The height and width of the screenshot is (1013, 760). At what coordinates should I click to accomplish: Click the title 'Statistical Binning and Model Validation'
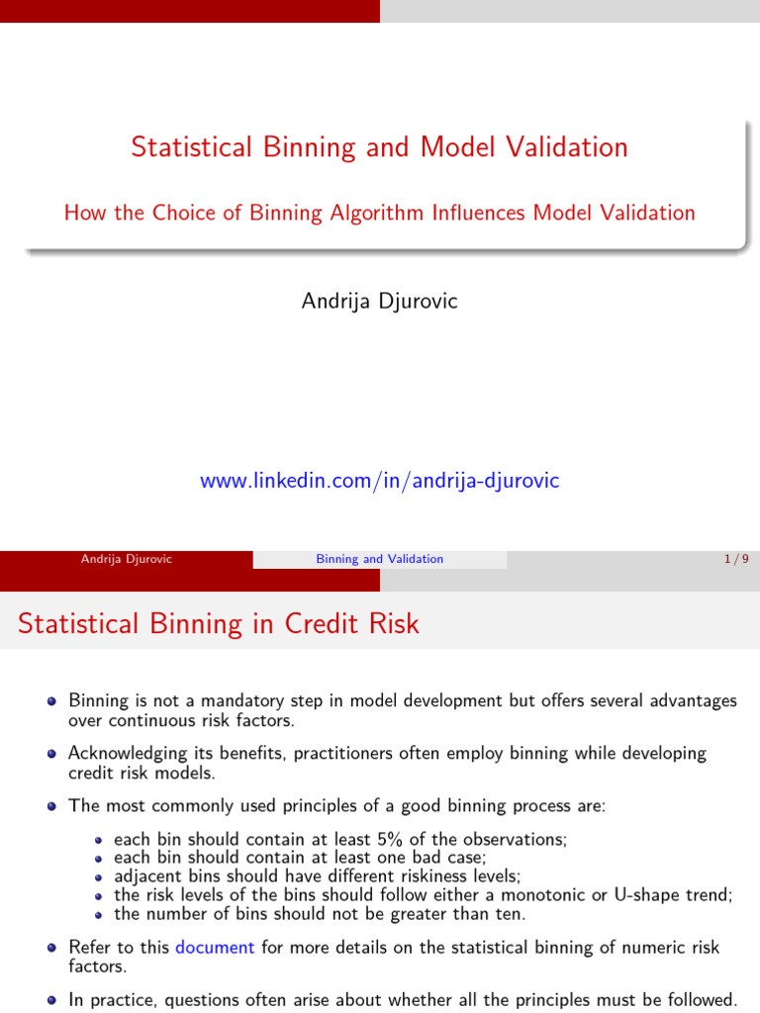[x=379, y=147]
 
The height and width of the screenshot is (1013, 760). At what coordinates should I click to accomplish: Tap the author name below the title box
[x=379, y=301]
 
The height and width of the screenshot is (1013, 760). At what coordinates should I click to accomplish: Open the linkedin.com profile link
[x=379, y=481]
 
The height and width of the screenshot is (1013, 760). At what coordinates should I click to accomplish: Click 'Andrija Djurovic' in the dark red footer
[x=127, y=559]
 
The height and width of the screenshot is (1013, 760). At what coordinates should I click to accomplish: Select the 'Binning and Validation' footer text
[x=379, y=559]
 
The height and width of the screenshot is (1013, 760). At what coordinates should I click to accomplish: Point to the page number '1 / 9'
[x=736, y=559]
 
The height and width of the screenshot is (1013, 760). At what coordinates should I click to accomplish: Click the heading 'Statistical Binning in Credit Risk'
[x=219, y=624]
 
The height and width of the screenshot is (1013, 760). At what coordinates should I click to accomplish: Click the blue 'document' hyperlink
[x=215, y=947]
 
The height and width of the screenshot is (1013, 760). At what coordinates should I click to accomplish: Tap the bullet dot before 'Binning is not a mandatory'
[x=51, y=701]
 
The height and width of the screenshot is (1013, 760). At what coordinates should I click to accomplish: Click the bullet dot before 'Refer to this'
[x=51, y=948]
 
